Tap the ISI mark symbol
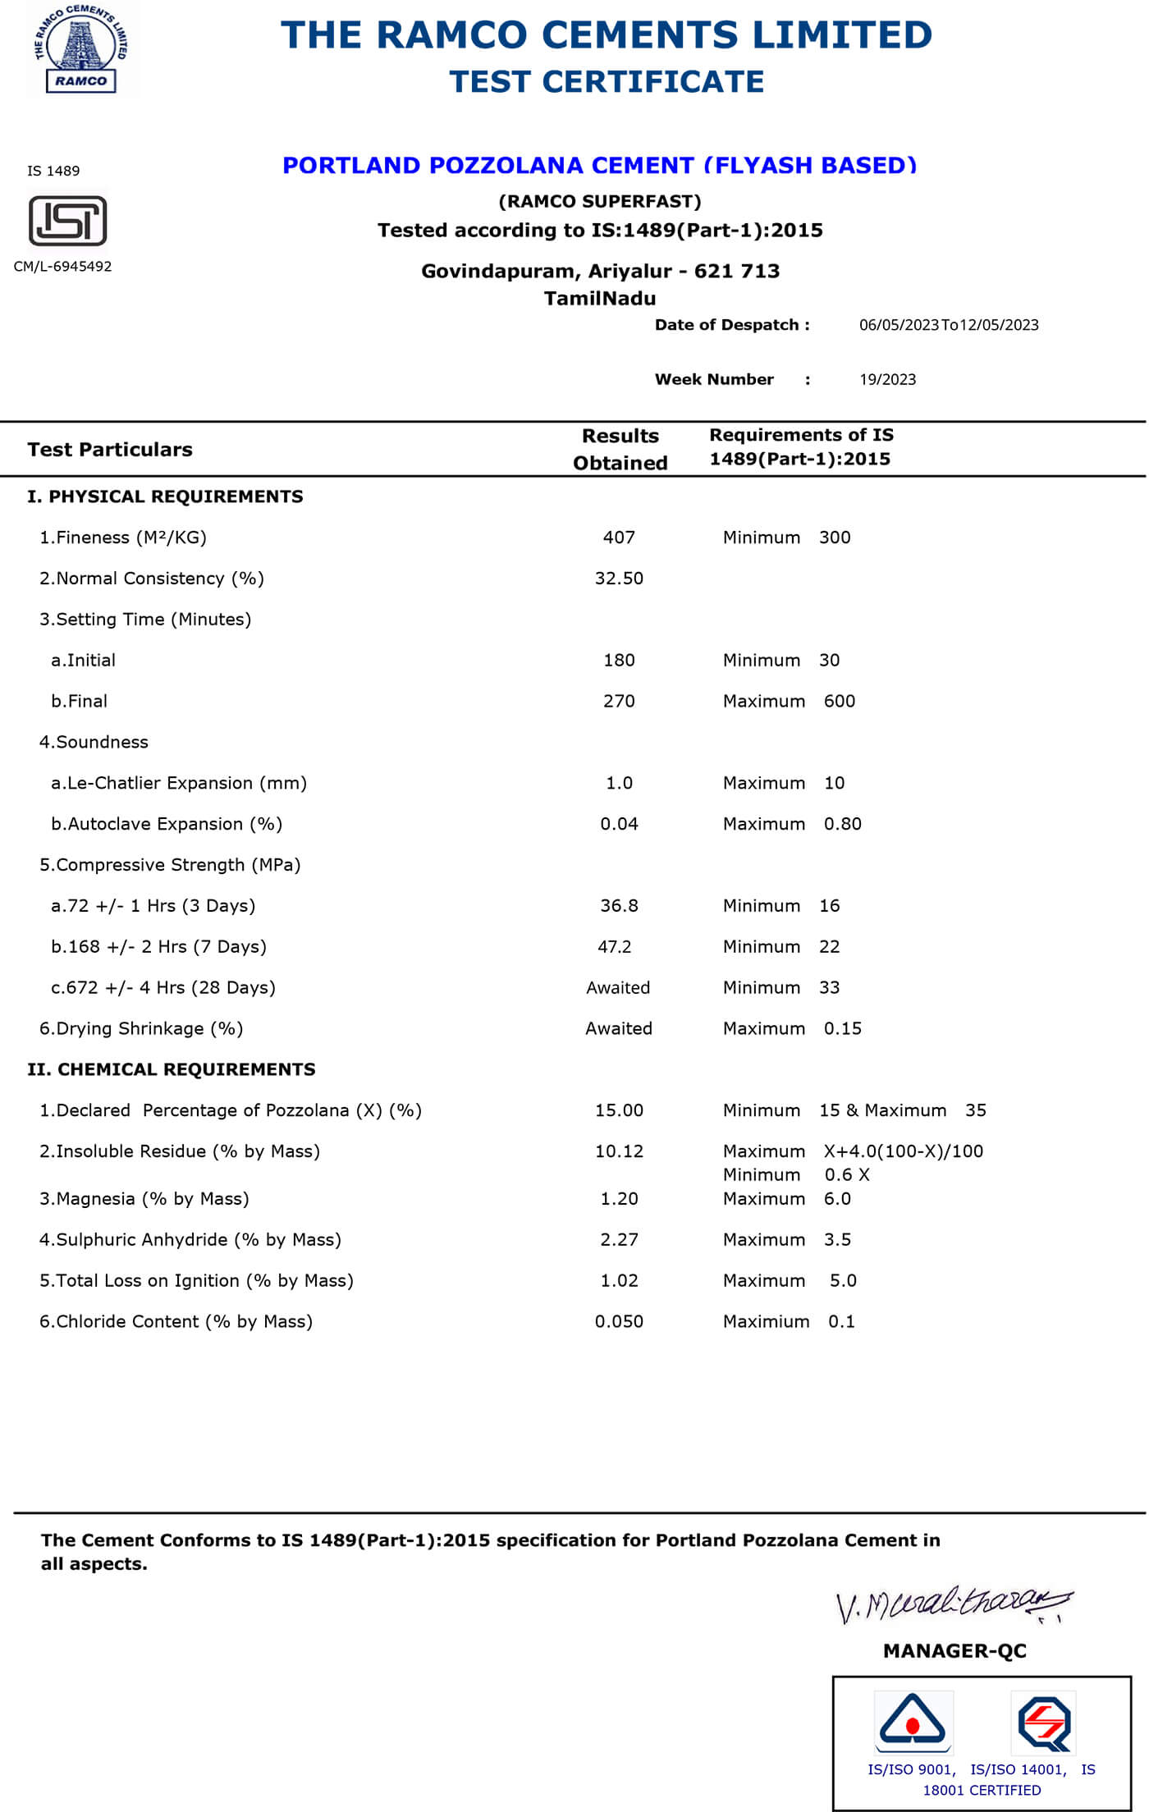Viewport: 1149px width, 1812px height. tap(68, 221)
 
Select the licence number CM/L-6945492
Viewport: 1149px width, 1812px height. tap(62, 266)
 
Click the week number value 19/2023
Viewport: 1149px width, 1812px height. tap(887, 379)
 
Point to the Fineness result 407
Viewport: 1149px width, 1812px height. tap(619, 538)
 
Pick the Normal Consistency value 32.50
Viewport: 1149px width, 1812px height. tap(619, 579)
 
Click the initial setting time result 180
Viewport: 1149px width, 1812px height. tap(619, 661)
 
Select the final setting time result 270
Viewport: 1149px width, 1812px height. tap(619, 702)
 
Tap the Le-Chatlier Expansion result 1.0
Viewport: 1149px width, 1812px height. tap(619, 784)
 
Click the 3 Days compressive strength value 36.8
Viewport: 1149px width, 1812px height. tap(619, 906)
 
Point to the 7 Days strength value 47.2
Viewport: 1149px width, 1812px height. tap(615, 947)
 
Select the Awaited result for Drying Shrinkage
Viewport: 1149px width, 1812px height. tap(619, 1029)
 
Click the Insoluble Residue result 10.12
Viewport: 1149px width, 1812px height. tap(619, 1151)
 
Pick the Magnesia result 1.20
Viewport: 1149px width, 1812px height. tap(619, 1199)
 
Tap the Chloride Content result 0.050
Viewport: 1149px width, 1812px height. tap(619, 1322)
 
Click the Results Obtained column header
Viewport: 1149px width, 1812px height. tap(620, 449)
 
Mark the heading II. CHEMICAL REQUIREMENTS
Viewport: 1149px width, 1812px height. tap(172, 1069)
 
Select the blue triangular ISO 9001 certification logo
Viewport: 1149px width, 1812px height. tap(913, 1723)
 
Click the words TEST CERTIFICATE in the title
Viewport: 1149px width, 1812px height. tap(607, 82)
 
